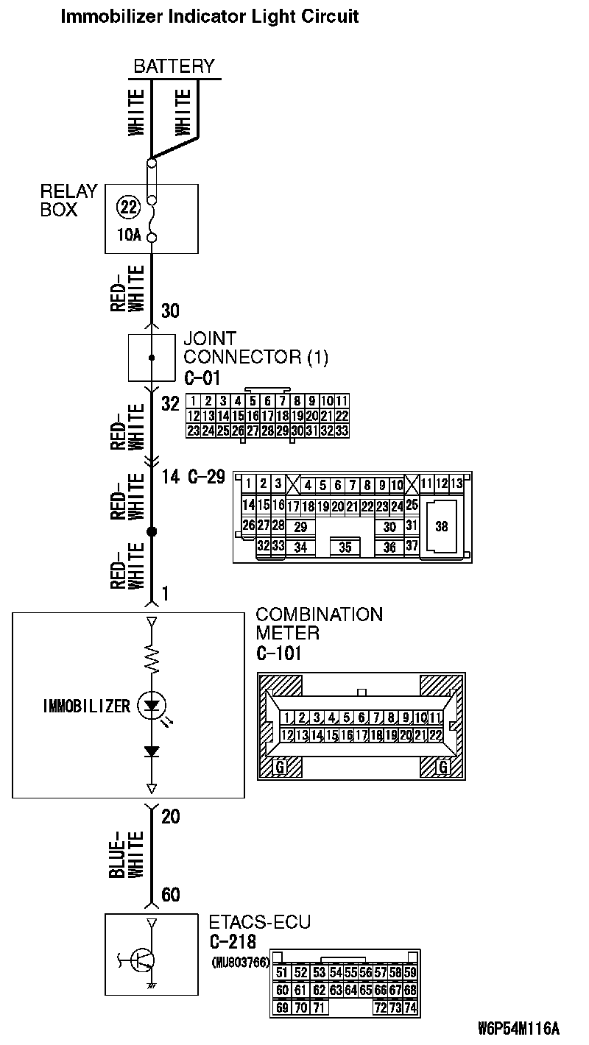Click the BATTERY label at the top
tap(174, 65)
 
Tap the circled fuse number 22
tap(128, 208)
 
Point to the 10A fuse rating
tap(128, 236)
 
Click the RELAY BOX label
tap(68, 200)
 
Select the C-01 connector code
tap(202, 378)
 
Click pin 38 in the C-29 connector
tap(441, 526)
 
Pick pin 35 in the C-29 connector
tap(345, 548)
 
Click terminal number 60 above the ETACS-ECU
tap(171, 895)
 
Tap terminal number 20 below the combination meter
tap(171, 817)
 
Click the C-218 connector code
tap(233, 941)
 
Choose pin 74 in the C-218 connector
tap(410, 1007)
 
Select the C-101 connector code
tap(279, 652)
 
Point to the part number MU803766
tap(240, 962)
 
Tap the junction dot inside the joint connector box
tap(152, 358)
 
